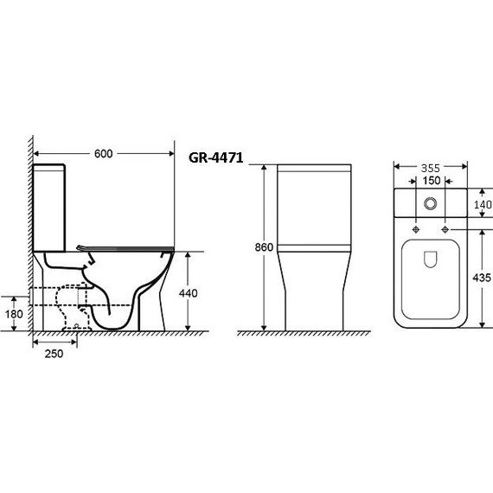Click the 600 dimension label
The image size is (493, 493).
pos(104,154)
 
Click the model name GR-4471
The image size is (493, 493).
pos(215,157)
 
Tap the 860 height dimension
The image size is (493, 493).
pos(264,247)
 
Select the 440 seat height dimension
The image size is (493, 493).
pos(188,293)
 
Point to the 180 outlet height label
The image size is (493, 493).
pos(14,314)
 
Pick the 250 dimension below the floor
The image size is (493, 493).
pos(54,354)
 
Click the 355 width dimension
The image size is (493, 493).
pos(431,169)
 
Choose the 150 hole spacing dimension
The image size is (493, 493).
pos(431,181)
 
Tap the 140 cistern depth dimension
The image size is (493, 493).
pos(483,205)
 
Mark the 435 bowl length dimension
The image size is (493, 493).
pos(482,278)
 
